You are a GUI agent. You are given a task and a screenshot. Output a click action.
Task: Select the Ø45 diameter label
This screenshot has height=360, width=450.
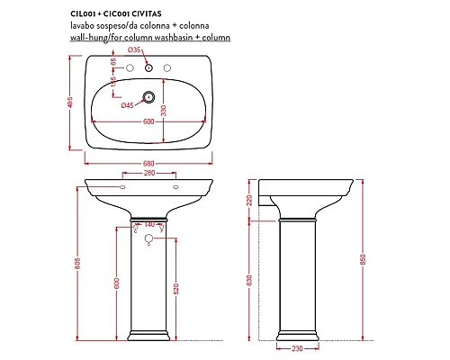tap(128, 105)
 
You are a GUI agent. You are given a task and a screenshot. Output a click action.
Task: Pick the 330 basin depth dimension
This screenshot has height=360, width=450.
tap(163, 110)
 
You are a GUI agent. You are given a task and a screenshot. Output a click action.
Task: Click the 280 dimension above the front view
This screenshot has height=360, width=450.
tap(149, 173)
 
